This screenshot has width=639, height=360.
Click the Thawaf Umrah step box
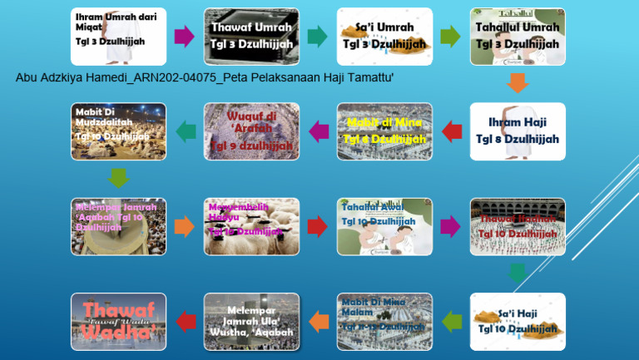coord(251,37)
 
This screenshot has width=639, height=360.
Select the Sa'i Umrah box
coord(384,37)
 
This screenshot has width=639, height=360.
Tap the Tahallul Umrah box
coord(518,37)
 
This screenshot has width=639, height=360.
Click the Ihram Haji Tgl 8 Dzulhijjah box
coord(518,131)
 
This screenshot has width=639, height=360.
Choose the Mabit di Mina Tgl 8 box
coord(384,131)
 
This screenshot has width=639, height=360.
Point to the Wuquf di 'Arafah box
coord(251,131)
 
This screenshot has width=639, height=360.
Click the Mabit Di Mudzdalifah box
coord(118,131)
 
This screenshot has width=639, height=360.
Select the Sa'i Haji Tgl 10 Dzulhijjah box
coord(518,321)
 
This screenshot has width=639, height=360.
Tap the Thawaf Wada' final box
coord(118,321)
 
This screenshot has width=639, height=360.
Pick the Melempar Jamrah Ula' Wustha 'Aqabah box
coord(251,321)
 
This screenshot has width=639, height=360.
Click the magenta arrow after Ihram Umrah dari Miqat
coord(185,37)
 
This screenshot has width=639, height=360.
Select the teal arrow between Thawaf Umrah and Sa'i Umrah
coord(317,37)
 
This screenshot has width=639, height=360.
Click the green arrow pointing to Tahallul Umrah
coord(450,37)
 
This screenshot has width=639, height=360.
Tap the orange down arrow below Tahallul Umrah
coord(518,82)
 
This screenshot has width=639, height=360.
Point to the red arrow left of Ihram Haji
coord(452,131)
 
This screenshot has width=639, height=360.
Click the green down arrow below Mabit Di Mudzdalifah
coord(119,177)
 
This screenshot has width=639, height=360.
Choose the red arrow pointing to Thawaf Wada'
coord(185,321)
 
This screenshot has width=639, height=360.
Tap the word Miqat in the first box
coord(89,27)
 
